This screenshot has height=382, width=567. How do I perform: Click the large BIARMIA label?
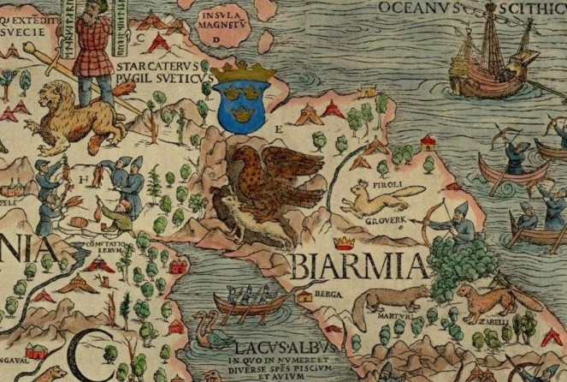coord(359,265)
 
